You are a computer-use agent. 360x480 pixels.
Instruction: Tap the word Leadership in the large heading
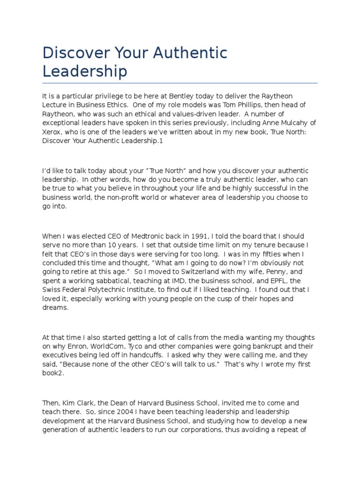pyautogui.click(x=85, y=72)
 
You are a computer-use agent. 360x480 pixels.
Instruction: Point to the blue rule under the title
pyautogui.click(x=180, y=83)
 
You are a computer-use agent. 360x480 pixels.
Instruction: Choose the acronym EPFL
pyautogui.click(x=287, y=280)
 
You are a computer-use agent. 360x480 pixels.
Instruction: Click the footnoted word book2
pyautogui.click(x=54, y=373)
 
